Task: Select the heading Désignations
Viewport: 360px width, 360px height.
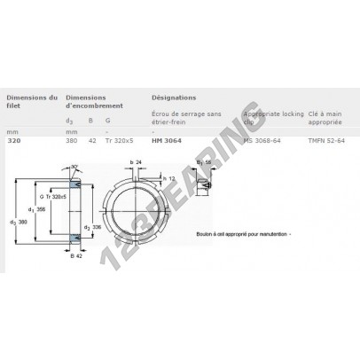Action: pyautogui.click(x=174, y=98)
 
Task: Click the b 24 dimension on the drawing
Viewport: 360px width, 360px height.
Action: pyautogui.click(x=135, y=162)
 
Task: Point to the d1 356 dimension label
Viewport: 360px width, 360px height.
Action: pyautogui.click(x=37, y=209)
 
